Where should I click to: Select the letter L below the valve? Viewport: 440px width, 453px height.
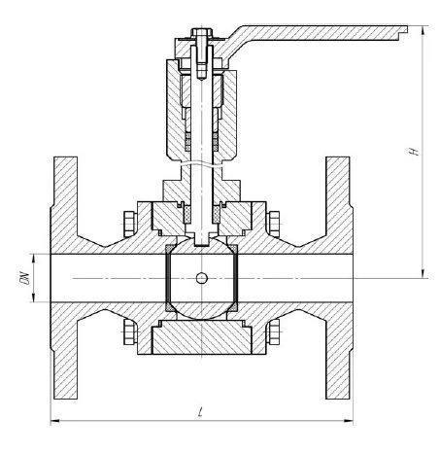pos(198,413)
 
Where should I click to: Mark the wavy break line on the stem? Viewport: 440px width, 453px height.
pos(200,162)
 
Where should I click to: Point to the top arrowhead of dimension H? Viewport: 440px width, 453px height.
pos(423,31)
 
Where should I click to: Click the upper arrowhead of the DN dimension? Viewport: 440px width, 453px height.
pos(33,257)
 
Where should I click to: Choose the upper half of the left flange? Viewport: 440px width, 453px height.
pos(61,204)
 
